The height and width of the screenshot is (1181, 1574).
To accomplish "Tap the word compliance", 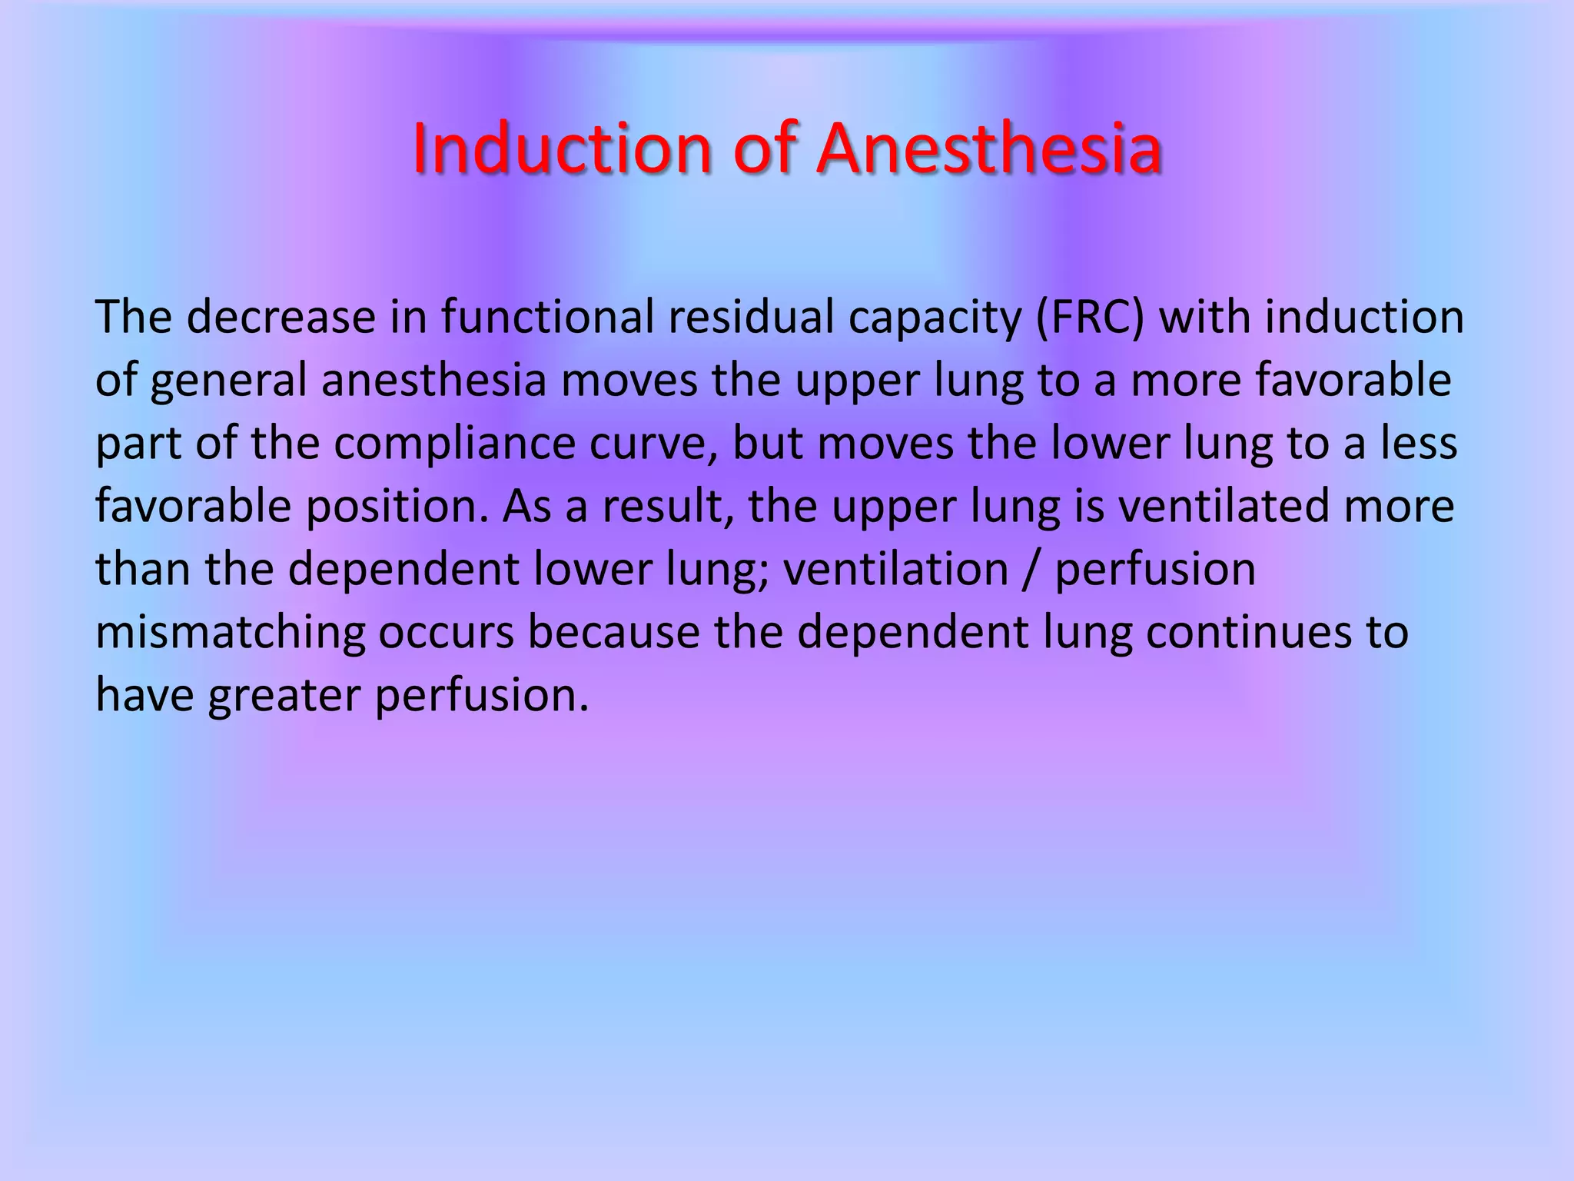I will tap(454, 444).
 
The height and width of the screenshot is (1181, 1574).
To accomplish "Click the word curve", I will tap(651, 444).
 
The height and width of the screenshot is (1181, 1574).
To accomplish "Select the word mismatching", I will tap(230, 634).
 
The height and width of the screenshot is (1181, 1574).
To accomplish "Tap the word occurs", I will tap(446, 634).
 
